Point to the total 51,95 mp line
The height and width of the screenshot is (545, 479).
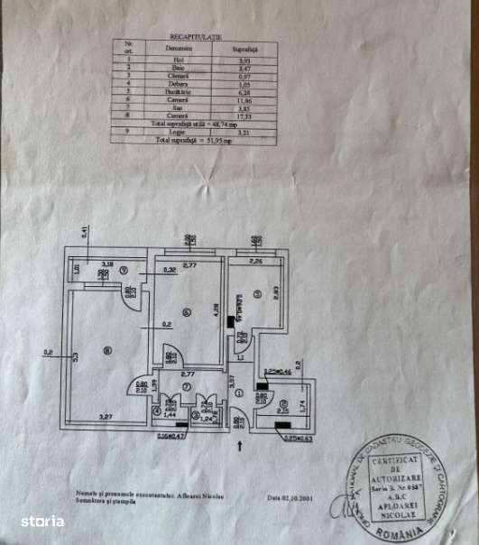[x=194, y=141]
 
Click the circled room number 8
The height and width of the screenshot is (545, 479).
[x=107, y=351]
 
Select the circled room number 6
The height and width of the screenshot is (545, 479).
[x=187, y=313]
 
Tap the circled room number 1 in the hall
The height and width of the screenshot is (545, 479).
[x=239, y=393]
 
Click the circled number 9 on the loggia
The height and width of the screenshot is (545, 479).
[x=124, y=271]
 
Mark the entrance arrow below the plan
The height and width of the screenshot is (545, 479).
[x=239, y=443]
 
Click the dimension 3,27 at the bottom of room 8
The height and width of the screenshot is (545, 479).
[x=106, y=417]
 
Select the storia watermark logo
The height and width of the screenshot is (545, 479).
[x=42, y=521]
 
